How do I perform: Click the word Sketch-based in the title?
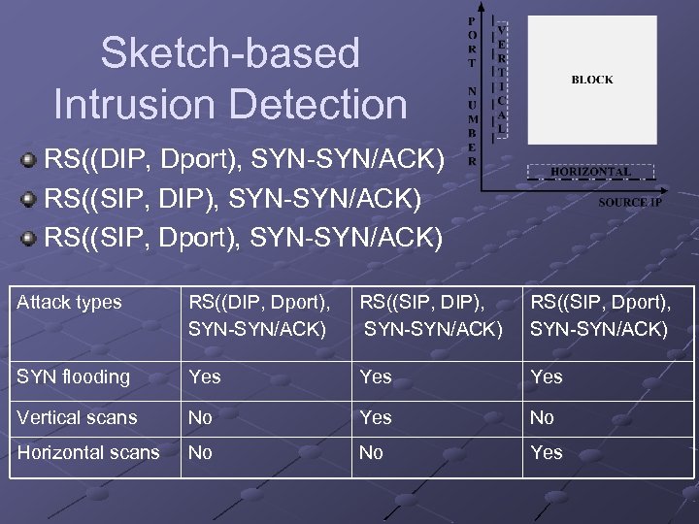[x=230, y=53]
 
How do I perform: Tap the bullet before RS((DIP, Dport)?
[x=31, y=157]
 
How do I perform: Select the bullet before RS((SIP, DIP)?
[x=31, y=199]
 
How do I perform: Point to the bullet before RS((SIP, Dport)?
[x=31, y=237]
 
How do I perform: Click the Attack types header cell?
[x=70, y=303]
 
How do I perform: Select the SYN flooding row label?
[x=74, y=377]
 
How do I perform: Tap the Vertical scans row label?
[x=78, y=417]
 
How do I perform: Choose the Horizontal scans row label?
[x=88, y=452]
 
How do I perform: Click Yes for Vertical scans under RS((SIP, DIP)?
[x=376, y=417]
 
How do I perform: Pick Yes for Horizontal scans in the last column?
[x=547, y=452]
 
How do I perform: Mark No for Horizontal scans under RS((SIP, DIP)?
[x=371, y=452]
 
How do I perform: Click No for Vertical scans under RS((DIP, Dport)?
[x=201, y=417]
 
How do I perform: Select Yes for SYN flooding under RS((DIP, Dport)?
[x=205, y=377]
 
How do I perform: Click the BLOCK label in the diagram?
[x=592, y=80]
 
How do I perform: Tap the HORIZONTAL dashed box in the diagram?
[x=590, y=172]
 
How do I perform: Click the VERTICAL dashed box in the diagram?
[x=501, y=75]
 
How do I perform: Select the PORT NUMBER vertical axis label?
[x=472, y=89]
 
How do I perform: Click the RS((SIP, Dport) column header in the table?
[x=599, y=315]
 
